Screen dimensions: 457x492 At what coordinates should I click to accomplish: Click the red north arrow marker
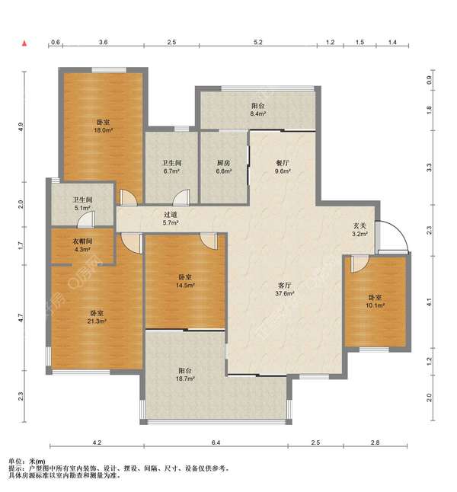pos(24,43)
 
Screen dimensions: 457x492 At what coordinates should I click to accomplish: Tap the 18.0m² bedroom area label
pos(104,130)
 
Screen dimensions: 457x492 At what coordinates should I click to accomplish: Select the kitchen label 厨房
pos(224,163)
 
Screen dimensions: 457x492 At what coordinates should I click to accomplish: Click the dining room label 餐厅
pos(283,163)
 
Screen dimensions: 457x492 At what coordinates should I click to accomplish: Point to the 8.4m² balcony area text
pos(258,113)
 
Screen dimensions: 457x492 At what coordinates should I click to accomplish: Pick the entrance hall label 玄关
pos(360,225)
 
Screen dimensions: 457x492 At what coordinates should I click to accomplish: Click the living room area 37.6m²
pos(285,293)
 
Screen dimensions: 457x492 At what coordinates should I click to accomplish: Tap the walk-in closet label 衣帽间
pos(82,241)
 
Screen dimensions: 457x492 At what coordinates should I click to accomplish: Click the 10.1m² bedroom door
pos(360,264)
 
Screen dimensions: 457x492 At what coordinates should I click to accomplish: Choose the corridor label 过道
pos(171,215)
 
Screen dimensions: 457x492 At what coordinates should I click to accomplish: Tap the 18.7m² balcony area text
pos(185,379)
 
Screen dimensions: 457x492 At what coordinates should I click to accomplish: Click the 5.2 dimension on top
pos(258,42)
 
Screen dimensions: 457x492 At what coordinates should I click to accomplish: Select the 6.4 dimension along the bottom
pos(216,442)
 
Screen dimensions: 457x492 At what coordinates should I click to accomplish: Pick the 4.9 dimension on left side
pos(21,126)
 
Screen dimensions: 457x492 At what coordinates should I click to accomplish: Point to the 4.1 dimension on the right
pos(430,302)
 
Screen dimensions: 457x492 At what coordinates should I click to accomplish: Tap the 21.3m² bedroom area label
pos(97,321)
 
